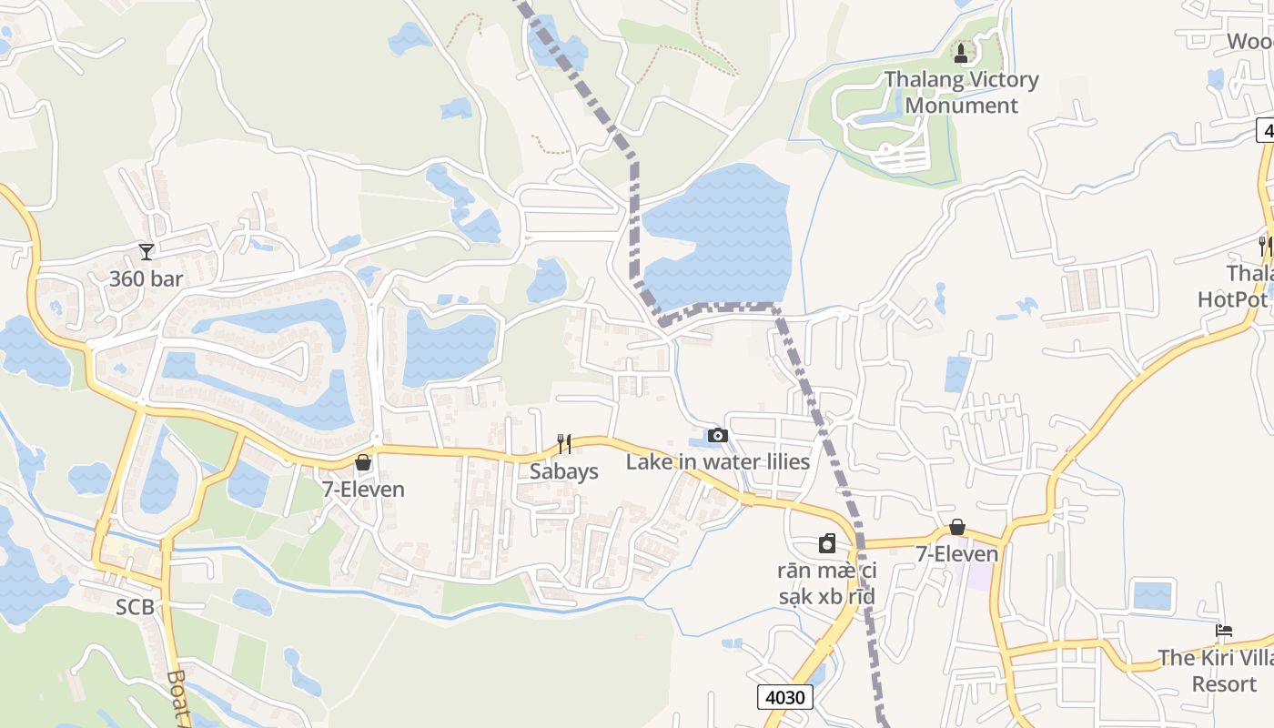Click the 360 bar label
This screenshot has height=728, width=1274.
(147, 278)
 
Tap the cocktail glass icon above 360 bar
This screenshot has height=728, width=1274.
(146, 252)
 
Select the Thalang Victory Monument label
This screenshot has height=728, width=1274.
(962, 92)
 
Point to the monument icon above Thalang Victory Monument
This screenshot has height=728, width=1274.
(962, 51)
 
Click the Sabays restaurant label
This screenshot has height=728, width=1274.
(564, 471)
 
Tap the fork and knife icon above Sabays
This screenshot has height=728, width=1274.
(564, 444)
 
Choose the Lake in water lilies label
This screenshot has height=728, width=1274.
(718, 462)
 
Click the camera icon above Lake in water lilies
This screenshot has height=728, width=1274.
(718, 435)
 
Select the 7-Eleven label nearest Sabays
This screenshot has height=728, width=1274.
(363, 490)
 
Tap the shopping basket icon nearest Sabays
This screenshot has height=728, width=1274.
(363, 462)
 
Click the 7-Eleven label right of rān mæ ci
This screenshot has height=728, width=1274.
(956, 553)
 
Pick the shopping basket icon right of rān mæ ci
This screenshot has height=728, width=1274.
(956, 527)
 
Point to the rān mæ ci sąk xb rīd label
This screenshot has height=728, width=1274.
(826, 583)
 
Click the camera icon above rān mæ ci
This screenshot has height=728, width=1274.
(826, 544)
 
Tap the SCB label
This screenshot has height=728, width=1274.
(135, 607)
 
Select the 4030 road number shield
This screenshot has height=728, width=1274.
(784, 697)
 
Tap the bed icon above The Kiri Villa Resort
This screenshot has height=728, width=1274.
(1224, 631)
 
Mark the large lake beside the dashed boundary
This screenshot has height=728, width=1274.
(719, 237)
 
